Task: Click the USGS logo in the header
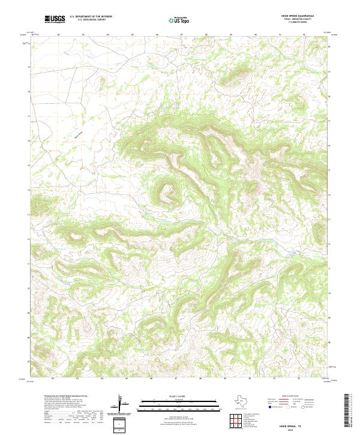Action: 54,19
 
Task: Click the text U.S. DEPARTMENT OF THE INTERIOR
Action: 91,17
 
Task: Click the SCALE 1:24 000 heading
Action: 178,397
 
